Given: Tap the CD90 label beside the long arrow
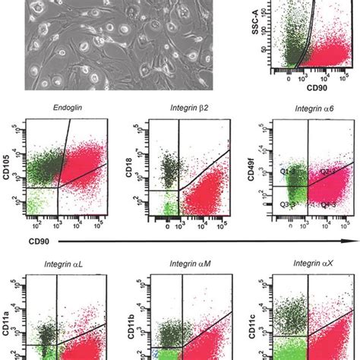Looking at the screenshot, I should coord(20,242).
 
